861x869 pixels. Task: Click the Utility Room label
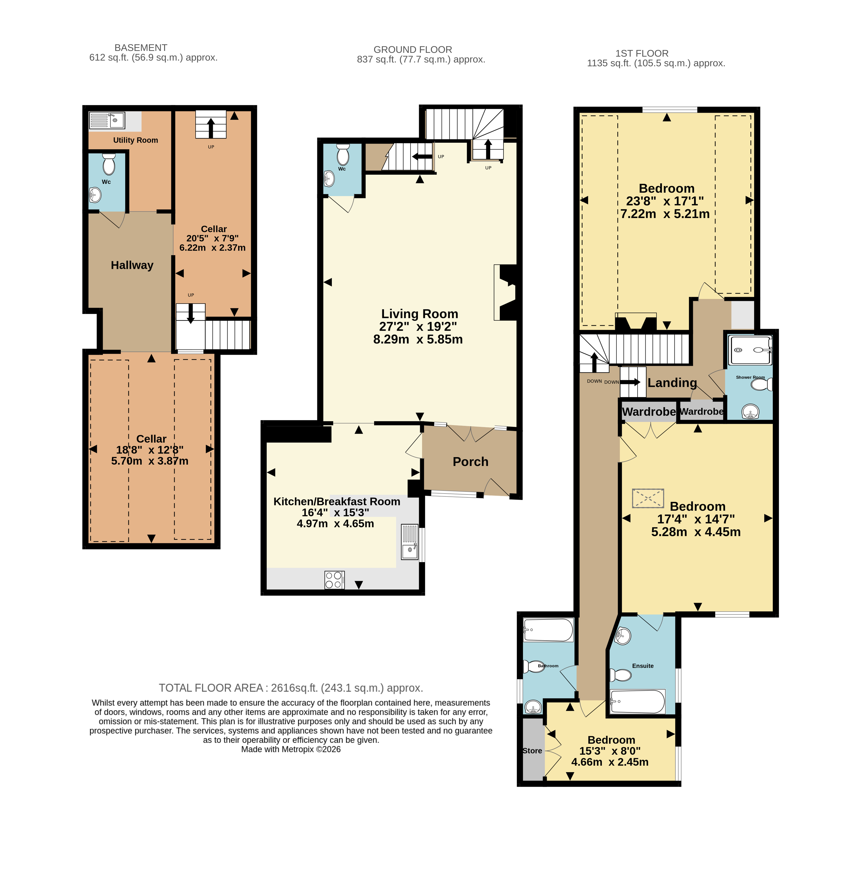coord(135,140)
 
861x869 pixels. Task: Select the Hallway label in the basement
coord(132,265)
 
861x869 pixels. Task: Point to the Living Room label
coord(420,314)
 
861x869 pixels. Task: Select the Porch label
coord(471,462)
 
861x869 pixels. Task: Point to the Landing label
coord(672,383)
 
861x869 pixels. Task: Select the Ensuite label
coord(643,666)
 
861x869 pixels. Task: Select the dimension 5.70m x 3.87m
coord(150,461)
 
